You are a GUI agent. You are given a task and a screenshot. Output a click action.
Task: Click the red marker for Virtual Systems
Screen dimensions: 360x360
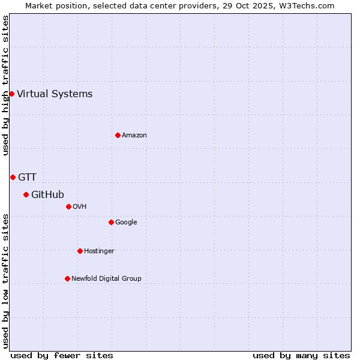11,94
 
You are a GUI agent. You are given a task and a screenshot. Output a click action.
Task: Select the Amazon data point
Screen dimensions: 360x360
118,135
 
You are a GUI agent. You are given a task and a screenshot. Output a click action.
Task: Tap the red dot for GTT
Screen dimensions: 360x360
13,177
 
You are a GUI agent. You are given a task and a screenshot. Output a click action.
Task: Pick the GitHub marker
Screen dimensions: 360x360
26,194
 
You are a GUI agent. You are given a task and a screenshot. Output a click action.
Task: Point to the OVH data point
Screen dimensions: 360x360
68,206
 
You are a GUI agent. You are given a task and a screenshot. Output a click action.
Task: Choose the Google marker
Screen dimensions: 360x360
111,222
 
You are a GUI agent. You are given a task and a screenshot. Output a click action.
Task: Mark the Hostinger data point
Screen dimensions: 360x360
80,251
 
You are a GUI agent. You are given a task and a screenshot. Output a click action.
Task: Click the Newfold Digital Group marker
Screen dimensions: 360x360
67,278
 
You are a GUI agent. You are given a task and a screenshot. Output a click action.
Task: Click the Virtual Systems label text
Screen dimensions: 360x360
55,94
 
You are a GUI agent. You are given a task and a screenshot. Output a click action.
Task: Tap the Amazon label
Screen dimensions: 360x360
134,135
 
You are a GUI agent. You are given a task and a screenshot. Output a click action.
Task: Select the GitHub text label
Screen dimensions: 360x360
47,194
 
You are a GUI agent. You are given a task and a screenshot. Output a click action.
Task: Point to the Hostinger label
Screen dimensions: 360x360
99,251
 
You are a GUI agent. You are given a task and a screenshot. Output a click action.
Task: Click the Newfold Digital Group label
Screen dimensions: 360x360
106,278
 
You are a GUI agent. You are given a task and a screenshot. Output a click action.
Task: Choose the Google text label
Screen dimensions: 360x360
126,222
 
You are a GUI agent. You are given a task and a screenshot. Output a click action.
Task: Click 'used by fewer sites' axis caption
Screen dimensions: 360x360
62,355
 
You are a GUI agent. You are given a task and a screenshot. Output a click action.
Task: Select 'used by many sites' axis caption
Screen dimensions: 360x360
301,355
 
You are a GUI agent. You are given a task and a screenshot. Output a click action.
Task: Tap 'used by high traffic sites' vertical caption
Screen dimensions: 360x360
5,85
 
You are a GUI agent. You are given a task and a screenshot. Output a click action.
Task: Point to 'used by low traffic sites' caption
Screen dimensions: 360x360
5,281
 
